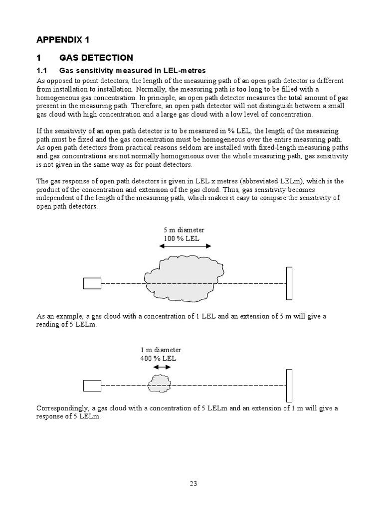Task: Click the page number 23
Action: [193, 483]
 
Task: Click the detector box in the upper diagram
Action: [92, 283]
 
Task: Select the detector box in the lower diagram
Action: [92, 385]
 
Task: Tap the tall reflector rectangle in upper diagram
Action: [289, 283]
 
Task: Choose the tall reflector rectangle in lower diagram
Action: [289, 385]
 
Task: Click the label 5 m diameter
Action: [184, 230]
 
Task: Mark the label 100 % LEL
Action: [182, 239]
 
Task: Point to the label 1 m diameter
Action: [161, 350]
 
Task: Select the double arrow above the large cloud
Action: [188, 246]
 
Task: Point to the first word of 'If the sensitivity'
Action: [39, 130]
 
